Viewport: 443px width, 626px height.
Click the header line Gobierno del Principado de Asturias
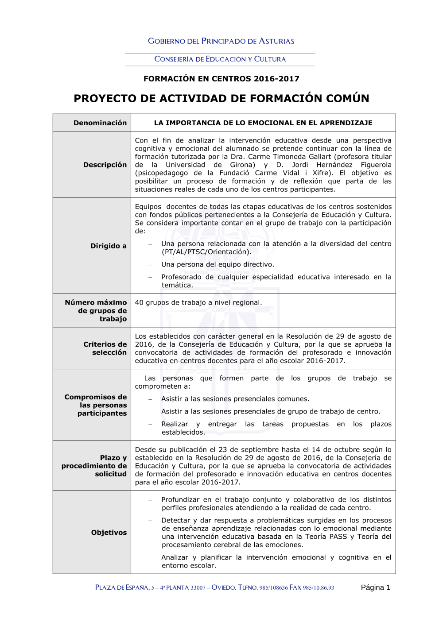(x=221, y=41)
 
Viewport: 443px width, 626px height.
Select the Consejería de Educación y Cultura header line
(x=220, y=59)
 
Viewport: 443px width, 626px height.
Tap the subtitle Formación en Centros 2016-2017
(x=221, y=79)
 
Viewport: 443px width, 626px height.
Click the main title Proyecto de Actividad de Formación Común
(x=221, y=98)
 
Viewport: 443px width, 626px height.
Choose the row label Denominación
(x=100, y=123)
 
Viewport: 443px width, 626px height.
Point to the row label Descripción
(x=105, y=165)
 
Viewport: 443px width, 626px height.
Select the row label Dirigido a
(x=109, y=246)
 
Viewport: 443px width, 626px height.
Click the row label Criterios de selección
(x=105, y=348)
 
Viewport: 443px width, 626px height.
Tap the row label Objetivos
(x=109, y=533)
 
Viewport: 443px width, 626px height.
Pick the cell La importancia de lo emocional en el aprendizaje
(x=263, y=123)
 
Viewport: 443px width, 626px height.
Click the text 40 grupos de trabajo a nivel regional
(x=198, y=303)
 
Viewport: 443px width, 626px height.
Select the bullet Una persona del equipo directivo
(x=218, y=264)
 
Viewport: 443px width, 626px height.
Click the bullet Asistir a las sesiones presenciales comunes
(x=235, y=399)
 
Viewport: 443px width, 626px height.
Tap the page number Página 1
(x=375, y=587)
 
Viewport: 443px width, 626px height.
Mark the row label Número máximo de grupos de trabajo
(x=96, y=311)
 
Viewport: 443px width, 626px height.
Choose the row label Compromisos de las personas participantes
(x=96, y=405)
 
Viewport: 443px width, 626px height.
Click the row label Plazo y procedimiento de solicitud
(x=94, y=466)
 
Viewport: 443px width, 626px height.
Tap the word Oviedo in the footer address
(x=223, y=588)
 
